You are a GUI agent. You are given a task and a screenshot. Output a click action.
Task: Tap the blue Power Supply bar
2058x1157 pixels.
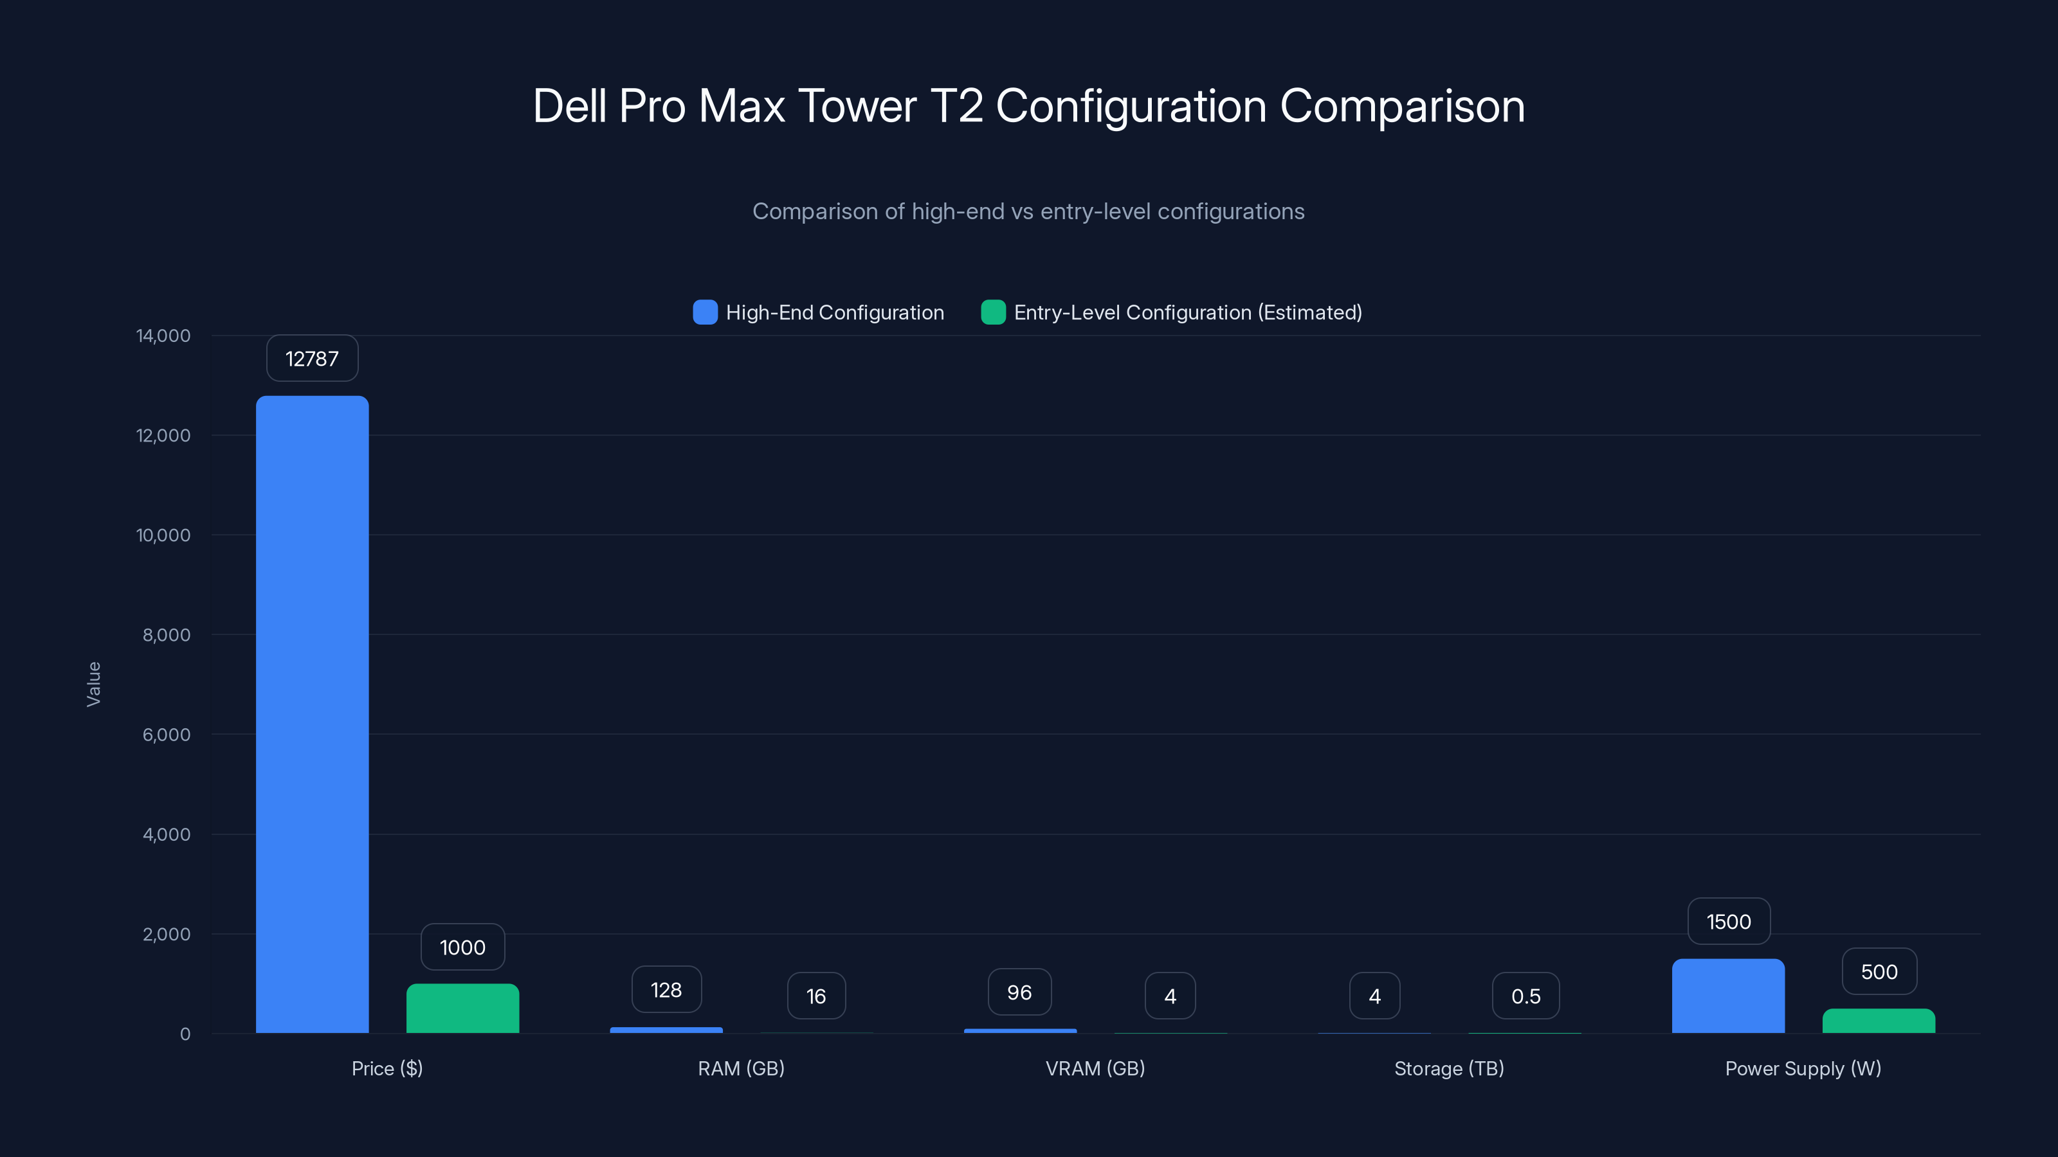[x=1728, y=996]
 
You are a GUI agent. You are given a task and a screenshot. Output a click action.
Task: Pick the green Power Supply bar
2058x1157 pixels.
[x=1878, y=1021]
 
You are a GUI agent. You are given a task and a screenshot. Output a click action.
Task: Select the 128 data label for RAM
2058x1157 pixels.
[x=666, y=990]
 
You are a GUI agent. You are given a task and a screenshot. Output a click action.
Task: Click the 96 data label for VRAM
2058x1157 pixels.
[x=1019, y=992]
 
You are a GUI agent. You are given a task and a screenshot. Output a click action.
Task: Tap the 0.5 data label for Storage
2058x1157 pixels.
[x=1526, y=996]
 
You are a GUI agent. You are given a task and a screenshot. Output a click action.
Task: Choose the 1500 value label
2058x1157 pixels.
[x=1729, y=922]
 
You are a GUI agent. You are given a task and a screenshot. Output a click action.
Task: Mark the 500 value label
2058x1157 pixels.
[x=1879, y=972]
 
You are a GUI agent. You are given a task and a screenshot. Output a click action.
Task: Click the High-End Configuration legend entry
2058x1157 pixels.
[x=819, y=312]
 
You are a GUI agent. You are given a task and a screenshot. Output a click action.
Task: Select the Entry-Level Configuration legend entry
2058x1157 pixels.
[x=1171, y=312]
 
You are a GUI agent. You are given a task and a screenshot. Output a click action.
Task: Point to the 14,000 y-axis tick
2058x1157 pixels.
[x=164, y=336]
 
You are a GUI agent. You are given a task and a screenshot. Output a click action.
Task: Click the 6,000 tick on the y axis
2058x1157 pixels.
[x=166, y=735]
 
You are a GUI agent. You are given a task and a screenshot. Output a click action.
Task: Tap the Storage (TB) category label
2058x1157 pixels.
[x=1449, y=1068]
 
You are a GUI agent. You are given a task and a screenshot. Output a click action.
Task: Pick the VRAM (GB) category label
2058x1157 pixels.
[x=1095, y=1068]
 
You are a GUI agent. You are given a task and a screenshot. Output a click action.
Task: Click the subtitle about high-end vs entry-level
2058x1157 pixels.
[x=1028, y=211]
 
